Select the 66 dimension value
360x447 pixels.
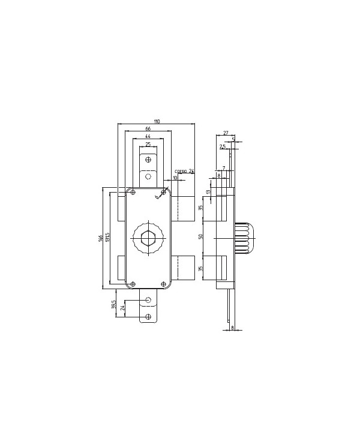pyautogui.click(x=148, y=129)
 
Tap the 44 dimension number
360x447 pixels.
pyautogui.click(x=148, y=137)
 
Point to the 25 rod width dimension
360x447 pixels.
pyautogui.click(x=148, y=145)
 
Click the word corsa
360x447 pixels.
pyautogui.click(x=180, y=171)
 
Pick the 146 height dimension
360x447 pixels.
pyautogui.click(x=101, y=238)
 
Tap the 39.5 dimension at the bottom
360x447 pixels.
pyautogui.click(x=114, y=305)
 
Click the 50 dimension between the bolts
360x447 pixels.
pyautogui.click(x=202, y=236)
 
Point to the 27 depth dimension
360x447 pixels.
pyautogui.click(x=226, y=133)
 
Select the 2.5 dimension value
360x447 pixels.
pyautogui.click(x=223, y=146)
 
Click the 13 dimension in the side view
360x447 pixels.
pyautogui.click(x=208, y=192)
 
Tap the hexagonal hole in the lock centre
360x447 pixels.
pyautogui.click(x=148, y=240)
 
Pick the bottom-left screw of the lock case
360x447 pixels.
pyautogui.click(x=133, y=283)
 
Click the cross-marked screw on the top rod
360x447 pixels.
pyautogui.click(x=148, y=160)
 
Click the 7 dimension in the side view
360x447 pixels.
pyautogui.click(x=223, y=169)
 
